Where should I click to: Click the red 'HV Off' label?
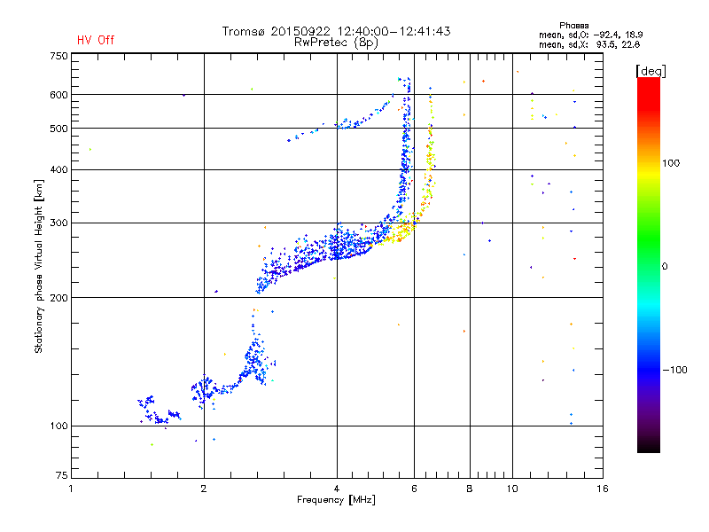click(x=96, y=40)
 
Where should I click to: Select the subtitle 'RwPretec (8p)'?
click(x=336, y=43)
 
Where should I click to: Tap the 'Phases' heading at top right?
click(x=573, y=26)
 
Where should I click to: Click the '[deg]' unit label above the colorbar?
click(x=651, y=71)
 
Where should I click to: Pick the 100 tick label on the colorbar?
click(x=671, y=163)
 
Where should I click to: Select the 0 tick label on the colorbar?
click(x=665, y=266)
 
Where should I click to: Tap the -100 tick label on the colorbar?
click(x=674, y=370)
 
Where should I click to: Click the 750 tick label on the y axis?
click(x=58, y=56)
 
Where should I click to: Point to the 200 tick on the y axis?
click(x=58, y=298)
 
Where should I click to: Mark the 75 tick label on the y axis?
click(x=62, y=475)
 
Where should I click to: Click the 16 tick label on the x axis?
click(x=603, y=489)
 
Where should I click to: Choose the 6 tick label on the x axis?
click(x=414, y=489)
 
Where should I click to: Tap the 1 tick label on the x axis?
click(x=71, y=489)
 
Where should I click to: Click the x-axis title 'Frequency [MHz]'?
click(x=336, y=500)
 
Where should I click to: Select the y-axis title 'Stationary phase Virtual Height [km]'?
click(x=38, y=266)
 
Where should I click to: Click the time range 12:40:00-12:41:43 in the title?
click(x=393, y=31)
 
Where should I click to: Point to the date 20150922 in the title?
click(x=300, y=31)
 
